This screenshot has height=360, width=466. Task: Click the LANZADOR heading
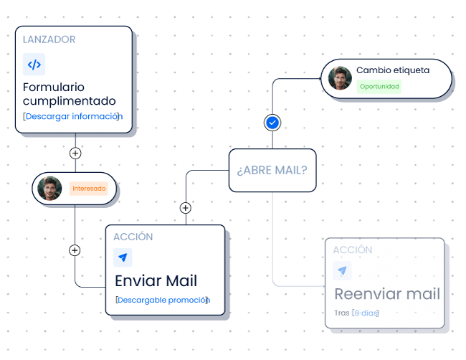tap(49, 39)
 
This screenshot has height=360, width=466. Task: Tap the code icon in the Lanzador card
tap(34, 65)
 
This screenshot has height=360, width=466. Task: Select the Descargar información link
tap(73, 116)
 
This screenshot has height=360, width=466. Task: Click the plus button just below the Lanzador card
tap(75, 153)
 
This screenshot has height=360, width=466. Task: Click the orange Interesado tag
tap(89, 189)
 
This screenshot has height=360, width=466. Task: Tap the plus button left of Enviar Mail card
tap(75, 250)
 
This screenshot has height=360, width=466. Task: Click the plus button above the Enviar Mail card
tap(185, 208)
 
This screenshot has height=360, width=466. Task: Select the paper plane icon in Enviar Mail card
tap(123, 257)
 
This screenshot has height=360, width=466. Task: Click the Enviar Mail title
tap(156, 280)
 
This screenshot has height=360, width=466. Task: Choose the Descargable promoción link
tap(162, 300)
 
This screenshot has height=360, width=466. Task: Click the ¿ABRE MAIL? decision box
tap(272, 171)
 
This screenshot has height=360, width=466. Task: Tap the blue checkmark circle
tap(272, 123)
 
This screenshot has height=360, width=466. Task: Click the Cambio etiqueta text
tap(393, 70)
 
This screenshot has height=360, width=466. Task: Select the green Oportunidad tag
tap(379, 87)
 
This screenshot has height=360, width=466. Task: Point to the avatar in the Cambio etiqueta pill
tap(339, 77)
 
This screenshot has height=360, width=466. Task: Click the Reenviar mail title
tap(387, 294)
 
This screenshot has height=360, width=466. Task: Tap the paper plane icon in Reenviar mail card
tap(343, 271)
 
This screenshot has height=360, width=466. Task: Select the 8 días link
tap(366, 313)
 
